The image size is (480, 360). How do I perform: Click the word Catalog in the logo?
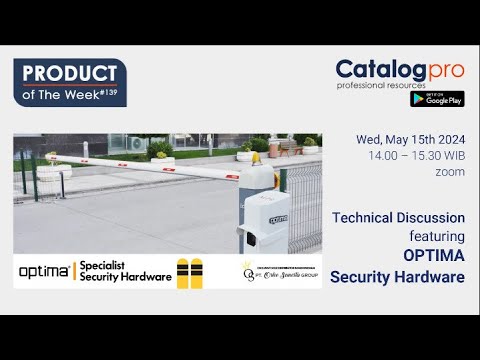(x=376, y=70)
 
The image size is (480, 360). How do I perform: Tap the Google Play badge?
(x=436, y=99)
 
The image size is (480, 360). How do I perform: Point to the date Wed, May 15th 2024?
(x=410, y=140)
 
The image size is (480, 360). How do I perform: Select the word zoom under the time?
(x=450, y=172)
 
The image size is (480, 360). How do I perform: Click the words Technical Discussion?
(x=398, y=217)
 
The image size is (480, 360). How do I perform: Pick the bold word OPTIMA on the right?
(x=434, y=255)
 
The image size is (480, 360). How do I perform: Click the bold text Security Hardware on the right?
(x=397, y=276)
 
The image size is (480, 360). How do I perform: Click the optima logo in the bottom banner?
(x=45, y=271)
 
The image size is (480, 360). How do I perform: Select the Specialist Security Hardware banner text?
(x=125, y=271)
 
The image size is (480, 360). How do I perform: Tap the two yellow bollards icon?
(x=189, y=273)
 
